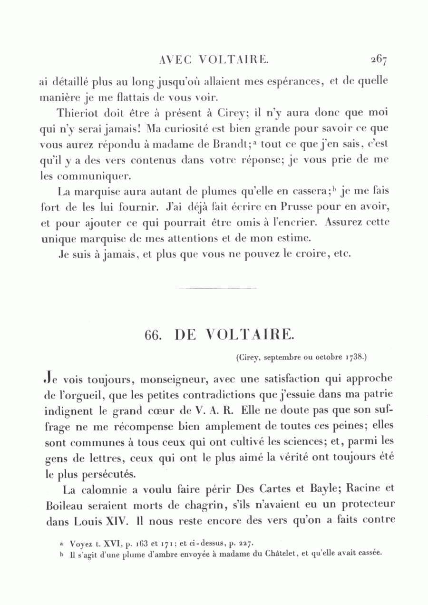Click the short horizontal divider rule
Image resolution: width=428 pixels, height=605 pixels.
(x=215, y=288)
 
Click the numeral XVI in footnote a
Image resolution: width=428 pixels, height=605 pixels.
(x=110, y=543)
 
